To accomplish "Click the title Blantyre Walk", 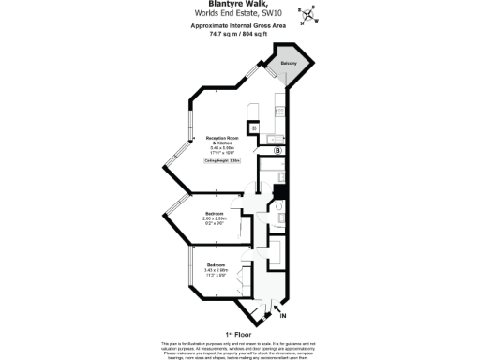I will (239, 5).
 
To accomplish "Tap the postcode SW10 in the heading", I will (273, 14).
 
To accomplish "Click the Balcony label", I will (290, 63).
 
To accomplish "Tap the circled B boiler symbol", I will (277, 150).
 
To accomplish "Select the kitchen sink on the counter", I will (276, 139).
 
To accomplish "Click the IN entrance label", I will (283, 316).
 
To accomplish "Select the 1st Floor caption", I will (240, 333).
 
